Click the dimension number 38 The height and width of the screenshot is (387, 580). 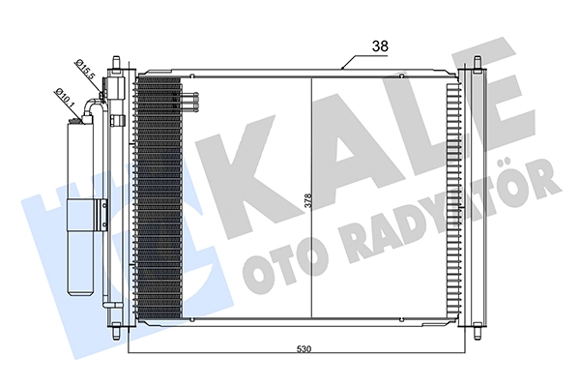380,46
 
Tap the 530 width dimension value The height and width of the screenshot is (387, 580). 304,349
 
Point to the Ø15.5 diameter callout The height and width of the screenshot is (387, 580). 85,70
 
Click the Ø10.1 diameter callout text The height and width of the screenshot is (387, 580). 66,97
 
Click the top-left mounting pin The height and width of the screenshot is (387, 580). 117,63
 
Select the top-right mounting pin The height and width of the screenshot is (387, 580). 478,63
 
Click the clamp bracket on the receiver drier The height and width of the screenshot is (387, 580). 101,214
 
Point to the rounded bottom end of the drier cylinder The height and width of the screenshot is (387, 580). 80,291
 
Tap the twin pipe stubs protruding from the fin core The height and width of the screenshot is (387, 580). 190,101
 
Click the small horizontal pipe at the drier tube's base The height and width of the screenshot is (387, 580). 112,305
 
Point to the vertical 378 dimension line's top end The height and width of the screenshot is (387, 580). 312,76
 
